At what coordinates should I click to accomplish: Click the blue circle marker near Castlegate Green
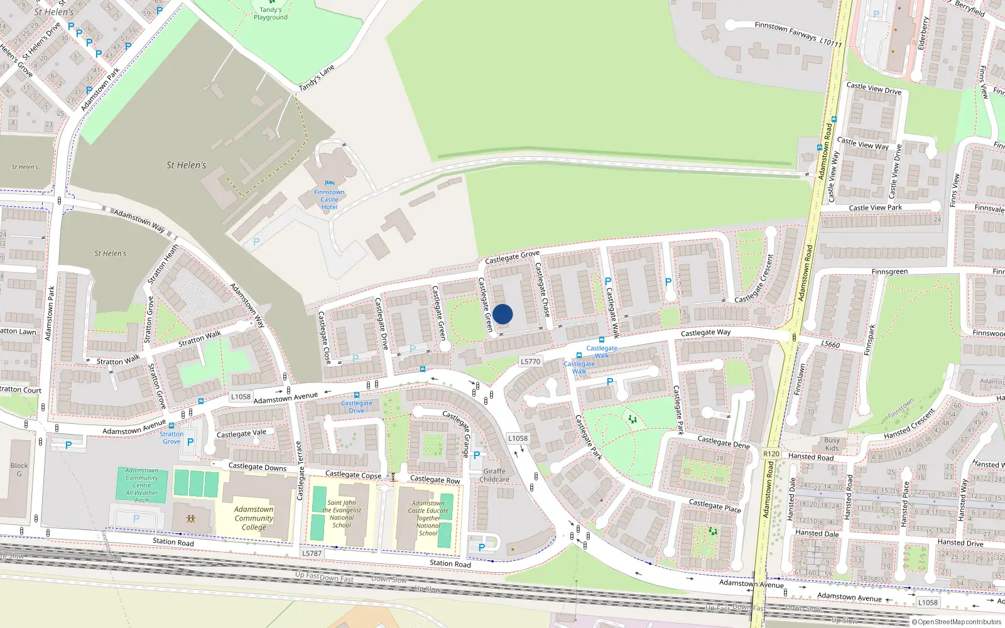coord(503,314)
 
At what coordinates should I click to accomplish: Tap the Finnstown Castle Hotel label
coord(329,199)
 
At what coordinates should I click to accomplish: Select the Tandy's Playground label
coord(271,13)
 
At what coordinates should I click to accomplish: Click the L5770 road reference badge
coord(530,361)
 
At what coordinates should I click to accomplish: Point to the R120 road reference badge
coord(771,453)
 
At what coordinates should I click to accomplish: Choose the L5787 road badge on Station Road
coord(312,553)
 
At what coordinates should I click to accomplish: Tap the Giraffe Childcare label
coord(494,475)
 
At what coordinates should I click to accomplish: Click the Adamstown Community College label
coord(254,518)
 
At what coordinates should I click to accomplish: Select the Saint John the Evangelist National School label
coord(342,514)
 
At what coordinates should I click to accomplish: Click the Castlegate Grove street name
coord(512,257)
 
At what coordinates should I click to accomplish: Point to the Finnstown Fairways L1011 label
coord(798,34)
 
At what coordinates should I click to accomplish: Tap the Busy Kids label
coord(832,444)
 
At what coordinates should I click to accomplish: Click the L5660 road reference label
coord(830,344)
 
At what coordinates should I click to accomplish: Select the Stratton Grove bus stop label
coord(171,437)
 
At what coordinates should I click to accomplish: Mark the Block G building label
coord(19,469)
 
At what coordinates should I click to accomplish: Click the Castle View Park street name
coord(875,207)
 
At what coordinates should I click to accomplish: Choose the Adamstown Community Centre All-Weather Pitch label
coord(142,485)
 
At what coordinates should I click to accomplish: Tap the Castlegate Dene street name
coord(724,442)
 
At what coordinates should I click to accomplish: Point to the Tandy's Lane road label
coord(317,77)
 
